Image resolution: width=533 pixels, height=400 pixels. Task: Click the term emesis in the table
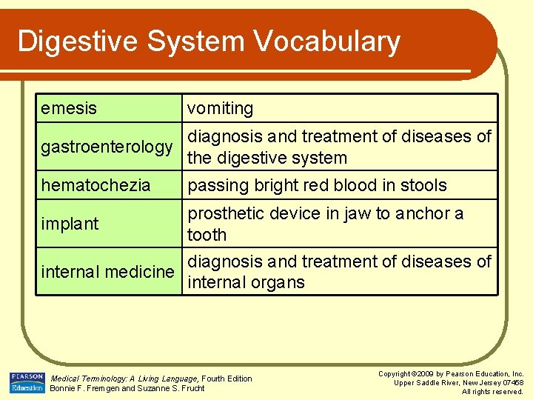coord(69,108)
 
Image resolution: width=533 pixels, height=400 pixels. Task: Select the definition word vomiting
coord(220,109)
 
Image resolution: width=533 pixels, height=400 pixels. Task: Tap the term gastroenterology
coord(107,147)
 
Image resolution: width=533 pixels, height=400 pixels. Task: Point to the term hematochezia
coord(95,185)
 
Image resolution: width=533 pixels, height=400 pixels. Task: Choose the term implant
coord(70,224)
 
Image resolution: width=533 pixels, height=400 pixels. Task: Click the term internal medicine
coord(107,272)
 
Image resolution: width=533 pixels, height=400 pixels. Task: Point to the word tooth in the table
coord(207,235)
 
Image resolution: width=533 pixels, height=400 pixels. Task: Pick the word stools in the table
coord(420,185)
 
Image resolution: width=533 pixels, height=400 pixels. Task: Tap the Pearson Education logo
coord(27,382)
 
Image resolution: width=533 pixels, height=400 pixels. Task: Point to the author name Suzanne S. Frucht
coord(171,388)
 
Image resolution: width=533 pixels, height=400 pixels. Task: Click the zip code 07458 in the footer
coord(511,383)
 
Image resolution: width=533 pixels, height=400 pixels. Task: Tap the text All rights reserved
coord(492,392)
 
